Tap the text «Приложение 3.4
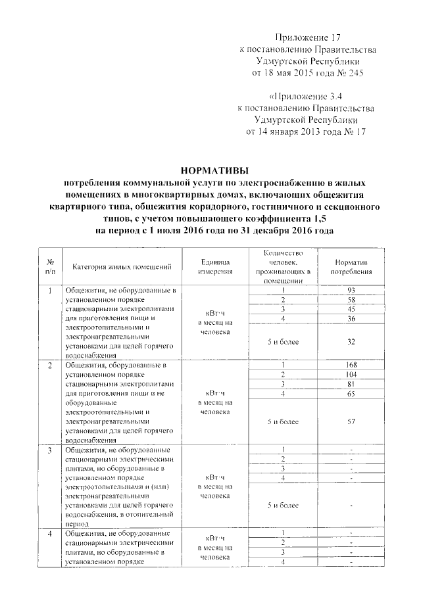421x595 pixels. coord(307,96)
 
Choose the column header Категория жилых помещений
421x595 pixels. coord(122,266)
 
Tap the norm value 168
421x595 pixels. coord(352,364)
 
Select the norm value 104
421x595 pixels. coord(352,373)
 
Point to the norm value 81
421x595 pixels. coord(352,383)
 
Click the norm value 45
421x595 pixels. coord(352,309)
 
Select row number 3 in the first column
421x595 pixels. coord(51,450)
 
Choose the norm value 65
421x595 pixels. coord(352,393)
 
